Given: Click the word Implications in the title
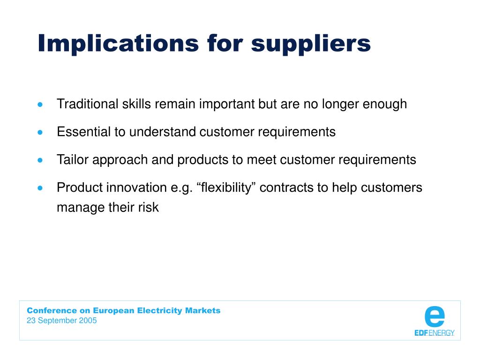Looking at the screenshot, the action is [x=119, y=43].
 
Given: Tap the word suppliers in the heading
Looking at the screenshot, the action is [x=311, y=44].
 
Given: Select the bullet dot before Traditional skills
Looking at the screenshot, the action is [x=40, y=105].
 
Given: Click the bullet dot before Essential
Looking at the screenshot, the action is [x=40, y=133].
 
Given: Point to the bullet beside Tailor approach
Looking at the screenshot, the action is [x=40, y=160].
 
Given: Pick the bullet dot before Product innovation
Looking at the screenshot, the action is [x=40, y=188].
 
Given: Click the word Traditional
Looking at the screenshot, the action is [x=88, y=104].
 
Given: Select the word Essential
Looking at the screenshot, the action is [x=83, y=132].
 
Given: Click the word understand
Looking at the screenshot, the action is [x=163, y=132].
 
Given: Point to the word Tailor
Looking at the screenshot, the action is [x=73, y=159].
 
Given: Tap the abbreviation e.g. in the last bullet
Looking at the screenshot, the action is [x=181, y=188].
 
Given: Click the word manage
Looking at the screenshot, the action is [x=81, y=208].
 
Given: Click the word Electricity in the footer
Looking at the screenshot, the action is [x=159, y=311].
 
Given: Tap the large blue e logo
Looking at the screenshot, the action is [x=435, y=316].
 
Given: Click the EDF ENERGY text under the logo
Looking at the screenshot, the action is [x=435, y=333].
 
